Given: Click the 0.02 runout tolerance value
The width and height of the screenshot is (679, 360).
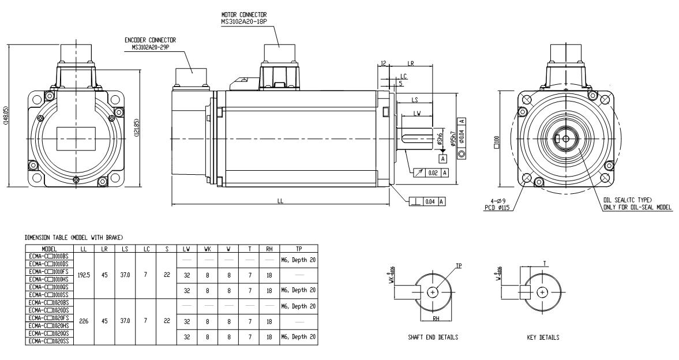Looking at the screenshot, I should tap(434, 171).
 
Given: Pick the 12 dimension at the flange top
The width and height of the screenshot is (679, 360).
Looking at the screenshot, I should tap(384, 63).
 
